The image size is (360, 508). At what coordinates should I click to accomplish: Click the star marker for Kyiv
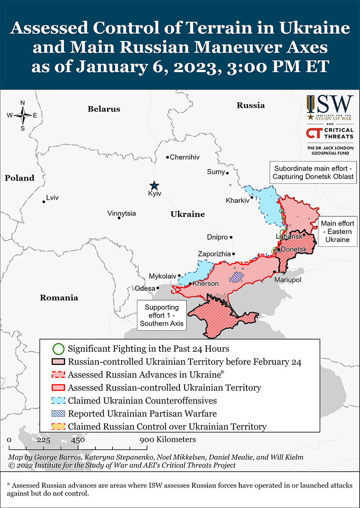point(154,185)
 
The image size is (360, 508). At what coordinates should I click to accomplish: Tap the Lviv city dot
point(44,202)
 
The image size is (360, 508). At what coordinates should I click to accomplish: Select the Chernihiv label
point(185,157)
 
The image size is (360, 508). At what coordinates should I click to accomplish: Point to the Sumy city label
point(215,171)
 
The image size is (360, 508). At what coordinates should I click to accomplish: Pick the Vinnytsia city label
point(122,213)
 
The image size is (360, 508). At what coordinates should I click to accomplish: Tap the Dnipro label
point(217,237)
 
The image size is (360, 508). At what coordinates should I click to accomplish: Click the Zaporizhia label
point(214,254)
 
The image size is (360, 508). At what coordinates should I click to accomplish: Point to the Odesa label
point(145,288)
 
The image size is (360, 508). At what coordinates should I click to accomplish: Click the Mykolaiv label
point(162,276)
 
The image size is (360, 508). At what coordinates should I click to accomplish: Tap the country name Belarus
point(104,109)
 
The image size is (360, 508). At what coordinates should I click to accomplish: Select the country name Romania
point(59,298)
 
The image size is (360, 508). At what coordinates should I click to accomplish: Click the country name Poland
point(19,178)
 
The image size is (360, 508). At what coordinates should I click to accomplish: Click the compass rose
point(22,115)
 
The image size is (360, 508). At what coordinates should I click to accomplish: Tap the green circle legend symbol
point(58,349)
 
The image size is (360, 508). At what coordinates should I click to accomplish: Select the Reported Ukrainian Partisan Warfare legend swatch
point(58,413)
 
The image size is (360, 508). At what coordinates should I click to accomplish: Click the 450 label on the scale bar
point(78,440)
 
